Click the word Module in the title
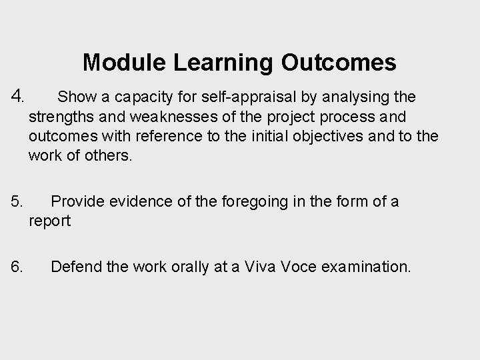click(x=125, y=63)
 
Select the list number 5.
click(x=18, y=201)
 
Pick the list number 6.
click(x=18, y=267)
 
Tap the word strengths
click(x=61, y=117)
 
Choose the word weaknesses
click(x=165, y=117)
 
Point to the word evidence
click(x=138, y=201)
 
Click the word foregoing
click(x=251, y=201)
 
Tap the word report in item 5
click(x=49, y=221)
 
